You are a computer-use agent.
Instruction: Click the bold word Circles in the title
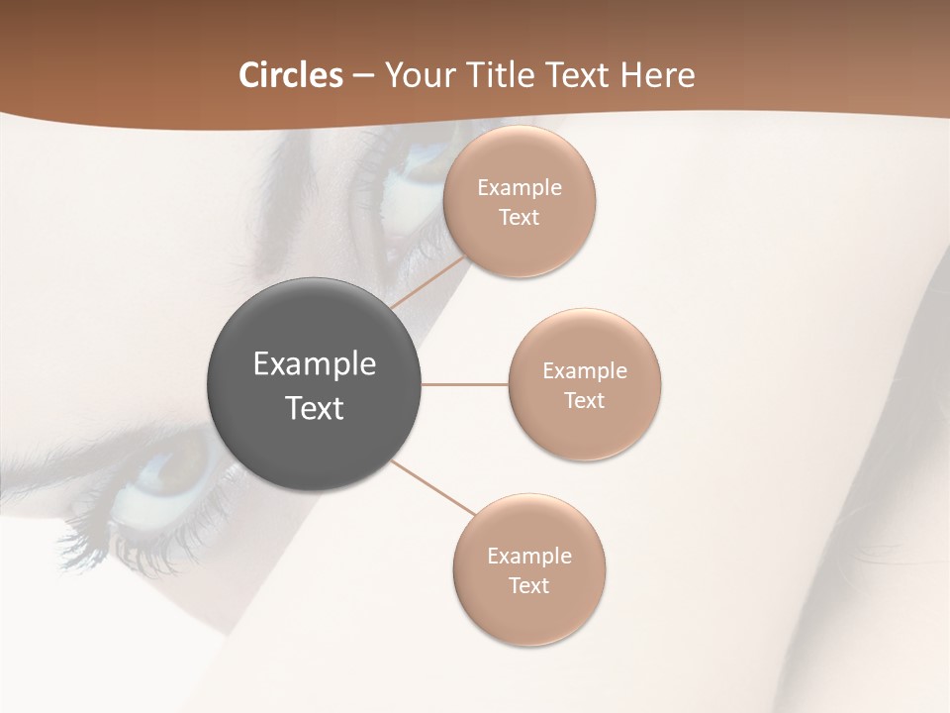point(290,75)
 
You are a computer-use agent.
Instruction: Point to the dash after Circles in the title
point(363,76)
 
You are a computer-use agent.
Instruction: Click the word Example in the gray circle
point(315,364)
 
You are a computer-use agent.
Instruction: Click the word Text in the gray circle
point(315,408)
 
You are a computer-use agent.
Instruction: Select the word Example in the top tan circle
point(520,188)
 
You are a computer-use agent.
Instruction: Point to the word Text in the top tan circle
point(520,218)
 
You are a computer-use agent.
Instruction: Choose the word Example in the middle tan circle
point(585,371)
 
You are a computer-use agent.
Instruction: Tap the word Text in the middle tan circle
point(585,401)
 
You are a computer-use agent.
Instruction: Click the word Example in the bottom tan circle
point(529,557)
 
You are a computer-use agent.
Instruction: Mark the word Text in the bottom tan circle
point(529,586)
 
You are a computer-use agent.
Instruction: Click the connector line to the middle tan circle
point(465,384)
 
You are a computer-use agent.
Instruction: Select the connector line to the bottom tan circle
point(433,488)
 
